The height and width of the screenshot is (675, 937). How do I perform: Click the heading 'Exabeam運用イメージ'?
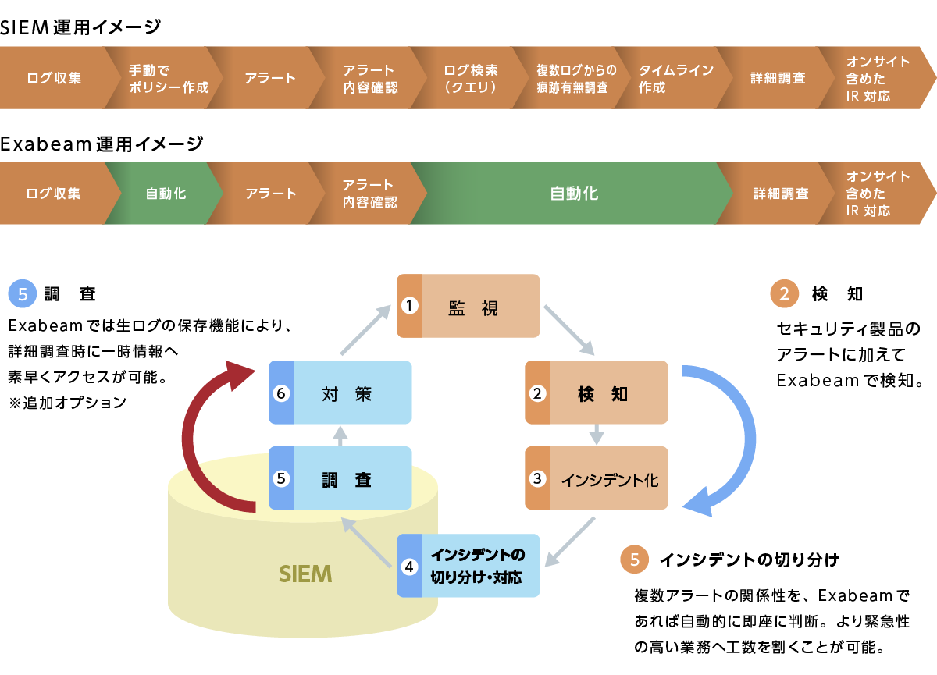(102, 144)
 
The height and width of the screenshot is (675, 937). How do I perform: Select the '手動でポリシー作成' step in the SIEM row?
(168, 78)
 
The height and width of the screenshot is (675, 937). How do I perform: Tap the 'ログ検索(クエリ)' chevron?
(471, 78)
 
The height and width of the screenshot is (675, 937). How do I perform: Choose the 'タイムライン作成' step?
(675, 78)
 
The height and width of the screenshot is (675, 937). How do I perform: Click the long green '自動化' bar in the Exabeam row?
(574, 194)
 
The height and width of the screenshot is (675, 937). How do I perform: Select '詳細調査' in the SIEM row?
(778, 78)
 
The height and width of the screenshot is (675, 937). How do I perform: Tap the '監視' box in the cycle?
(468, 306)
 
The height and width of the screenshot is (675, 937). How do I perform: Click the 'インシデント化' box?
(597, 478)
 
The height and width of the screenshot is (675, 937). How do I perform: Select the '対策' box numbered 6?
(340, 393)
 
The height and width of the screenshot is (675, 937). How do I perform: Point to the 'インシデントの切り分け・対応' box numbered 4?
(468, 566)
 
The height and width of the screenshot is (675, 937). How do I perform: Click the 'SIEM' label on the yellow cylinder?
(305, 574)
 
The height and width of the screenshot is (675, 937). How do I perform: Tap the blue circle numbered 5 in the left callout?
(22, 294)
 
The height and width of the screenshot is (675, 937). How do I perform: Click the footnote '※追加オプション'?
(66, 403)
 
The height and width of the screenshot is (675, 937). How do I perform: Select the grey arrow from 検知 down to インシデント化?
(597, 434)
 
